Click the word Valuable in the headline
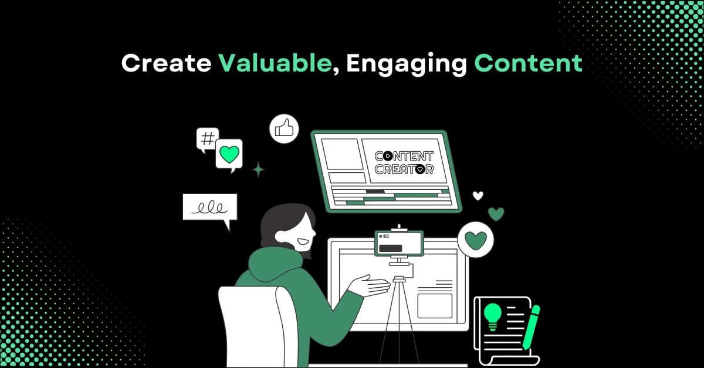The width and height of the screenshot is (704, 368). [275, 63]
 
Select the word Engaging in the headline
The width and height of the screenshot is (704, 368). [407, 64]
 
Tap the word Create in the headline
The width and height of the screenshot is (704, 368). [167, 63]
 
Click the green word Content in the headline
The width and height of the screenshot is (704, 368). [529, 63]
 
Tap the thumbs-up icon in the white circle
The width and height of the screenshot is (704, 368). [284, 129]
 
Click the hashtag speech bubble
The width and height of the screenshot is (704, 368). [207, 139]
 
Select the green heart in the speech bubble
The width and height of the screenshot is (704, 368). [229, 154]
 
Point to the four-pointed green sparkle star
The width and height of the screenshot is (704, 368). [258, 169]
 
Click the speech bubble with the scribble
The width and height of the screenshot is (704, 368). [210, 208]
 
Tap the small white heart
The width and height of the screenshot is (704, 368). [478, 196]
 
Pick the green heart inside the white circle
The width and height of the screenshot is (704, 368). [476, 240]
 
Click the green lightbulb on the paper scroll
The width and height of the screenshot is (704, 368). [492, 316]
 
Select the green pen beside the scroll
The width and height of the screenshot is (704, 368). [531, 327]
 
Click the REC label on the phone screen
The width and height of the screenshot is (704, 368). [384, 236]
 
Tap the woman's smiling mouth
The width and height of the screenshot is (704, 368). [303, 242]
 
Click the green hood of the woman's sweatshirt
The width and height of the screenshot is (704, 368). [275, 264]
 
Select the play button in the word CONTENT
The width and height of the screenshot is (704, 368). [388, 156]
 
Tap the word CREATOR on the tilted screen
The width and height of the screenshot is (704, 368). [404, 169]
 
